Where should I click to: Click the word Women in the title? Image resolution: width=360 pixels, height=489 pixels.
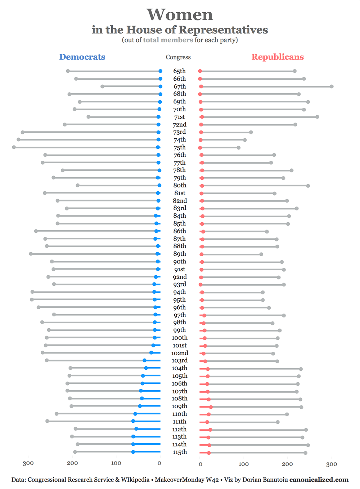[180, 15]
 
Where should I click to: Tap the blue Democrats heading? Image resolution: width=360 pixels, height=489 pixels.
[82, 57]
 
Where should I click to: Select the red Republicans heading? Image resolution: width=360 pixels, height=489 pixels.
[278, 57]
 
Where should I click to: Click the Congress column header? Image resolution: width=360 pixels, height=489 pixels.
[178, 57]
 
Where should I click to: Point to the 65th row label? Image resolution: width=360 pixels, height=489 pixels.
[179, 71]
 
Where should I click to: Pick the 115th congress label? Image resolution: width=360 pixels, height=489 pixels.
[180, 452]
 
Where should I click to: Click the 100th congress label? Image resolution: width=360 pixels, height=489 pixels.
[180, 338]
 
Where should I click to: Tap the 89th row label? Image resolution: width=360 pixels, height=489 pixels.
[180, 254]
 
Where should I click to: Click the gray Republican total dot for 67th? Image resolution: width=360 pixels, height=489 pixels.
[332, 86]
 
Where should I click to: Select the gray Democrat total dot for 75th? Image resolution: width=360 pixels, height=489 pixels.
[14, 147]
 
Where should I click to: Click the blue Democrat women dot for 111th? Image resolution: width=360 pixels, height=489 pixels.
[133, 421]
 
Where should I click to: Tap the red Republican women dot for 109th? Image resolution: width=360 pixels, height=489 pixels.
[211, 407]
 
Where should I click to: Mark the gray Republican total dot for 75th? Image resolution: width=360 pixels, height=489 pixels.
[239, 148]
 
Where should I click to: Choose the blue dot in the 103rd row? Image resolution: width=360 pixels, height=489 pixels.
[144, 360]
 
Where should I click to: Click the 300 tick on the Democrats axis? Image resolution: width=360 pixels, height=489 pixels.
[28, 463]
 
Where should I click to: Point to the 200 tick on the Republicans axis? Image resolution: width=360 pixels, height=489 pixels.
[287, 464]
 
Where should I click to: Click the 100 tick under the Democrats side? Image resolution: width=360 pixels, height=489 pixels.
[116, 463]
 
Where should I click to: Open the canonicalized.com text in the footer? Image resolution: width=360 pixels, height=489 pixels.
[319, 480]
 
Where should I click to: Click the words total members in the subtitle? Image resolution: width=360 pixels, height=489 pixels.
[168, 40]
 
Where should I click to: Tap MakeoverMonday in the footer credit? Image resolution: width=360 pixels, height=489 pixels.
[181, 480]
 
